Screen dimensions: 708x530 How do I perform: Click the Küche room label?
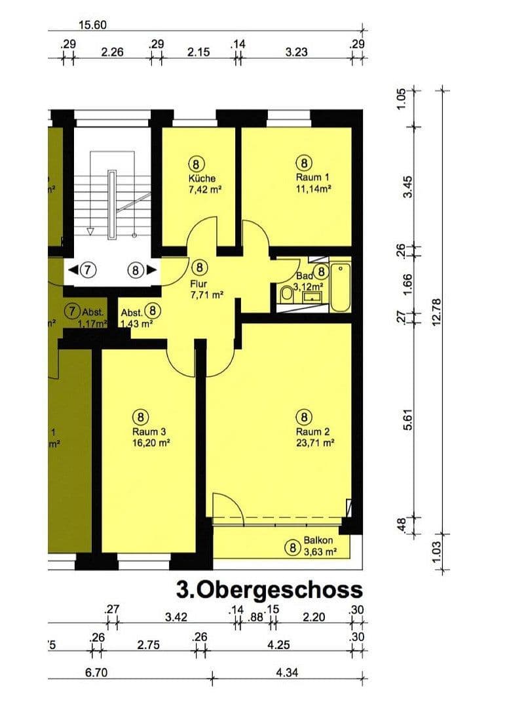pos(201,178)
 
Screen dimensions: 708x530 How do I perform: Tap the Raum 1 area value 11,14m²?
pos(312,188)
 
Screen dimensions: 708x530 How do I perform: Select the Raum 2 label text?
pos(312,431)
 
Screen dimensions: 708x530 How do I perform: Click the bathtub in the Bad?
pos(341,287)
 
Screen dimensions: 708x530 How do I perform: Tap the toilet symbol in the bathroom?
pos(286,294)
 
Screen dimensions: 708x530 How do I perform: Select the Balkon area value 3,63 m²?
pos(320,552)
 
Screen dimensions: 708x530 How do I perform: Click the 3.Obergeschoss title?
pos(269,589)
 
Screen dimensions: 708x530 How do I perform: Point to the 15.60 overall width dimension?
pos(92,26)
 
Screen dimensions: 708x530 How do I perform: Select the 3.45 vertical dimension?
pos(410,187)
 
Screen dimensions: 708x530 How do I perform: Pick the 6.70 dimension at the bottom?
pos(96,672)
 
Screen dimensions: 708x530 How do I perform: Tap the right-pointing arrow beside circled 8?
pos(151,269)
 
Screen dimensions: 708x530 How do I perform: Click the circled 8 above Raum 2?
pos(303,416)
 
